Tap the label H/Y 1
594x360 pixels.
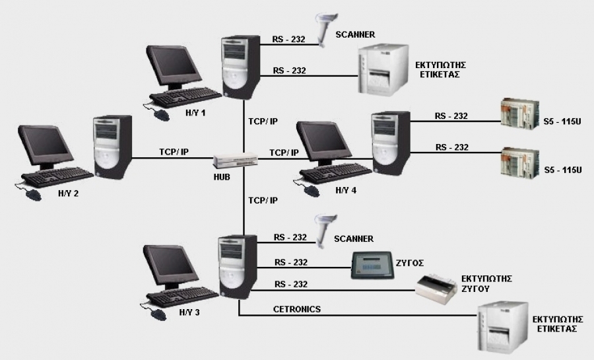[x=195, y=113]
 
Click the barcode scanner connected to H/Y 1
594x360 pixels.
[x=325, y=29]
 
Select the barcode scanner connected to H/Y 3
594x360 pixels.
[x=325, y=229]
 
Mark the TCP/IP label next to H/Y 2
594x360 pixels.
[x=174, y=152]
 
